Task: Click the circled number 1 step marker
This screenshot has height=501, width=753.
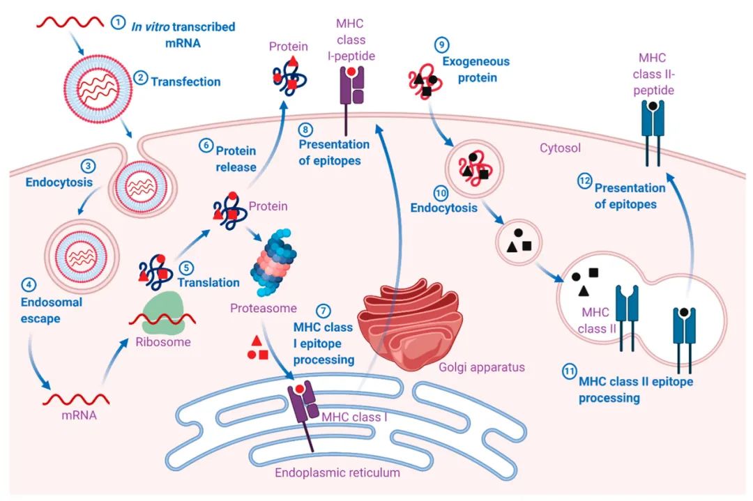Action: click(118, 22)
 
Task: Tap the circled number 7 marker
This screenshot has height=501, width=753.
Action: click(324, 311)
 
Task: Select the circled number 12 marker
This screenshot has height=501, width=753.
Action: click(584, 181)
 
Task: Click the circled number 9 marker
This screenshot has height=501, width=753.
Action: click(441, 45)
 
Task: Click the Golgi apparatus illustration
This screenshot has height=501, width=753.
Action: click(410, 323)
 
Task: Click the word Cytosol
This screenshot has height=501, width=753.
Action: click(560, 148)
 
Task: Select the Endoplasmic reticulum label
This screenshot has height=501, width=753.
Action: click(337, 472)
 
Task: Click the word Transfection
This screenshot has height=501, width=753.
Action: click(185, 82)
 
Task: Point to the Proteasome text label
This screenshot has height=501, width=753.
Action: click(263, 308)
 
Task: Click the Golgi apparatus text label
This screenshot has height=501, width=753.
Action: click(482, 368)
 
